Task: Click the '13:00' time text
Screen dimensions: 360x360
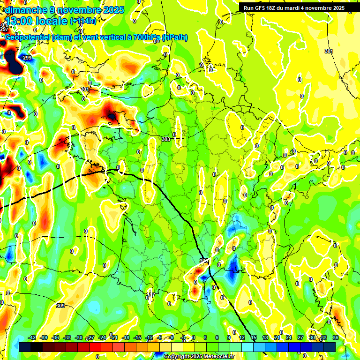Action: click(18, 22)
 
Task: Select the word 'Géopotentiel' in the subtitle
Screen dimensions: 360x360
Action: click(27, 37)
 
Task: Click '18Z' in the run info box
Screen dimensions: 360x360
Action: click(272, 8)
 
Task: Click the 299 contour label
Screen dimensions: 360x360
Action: click(27, 58)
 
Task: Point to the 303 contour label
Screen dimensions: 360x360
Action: click(165, 139)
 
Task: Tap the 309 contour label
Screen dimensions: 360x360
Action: click(60, 306)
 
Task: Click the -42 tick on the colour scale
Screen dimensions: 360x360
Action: click(32, 337)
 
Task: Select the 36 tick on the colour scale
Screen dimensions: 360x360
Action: click(335, 337)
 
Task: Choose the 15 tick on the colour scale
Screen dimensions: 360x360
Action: click(254, 337)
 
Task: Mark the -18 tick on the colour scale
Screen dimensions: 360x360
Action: click(126, 337)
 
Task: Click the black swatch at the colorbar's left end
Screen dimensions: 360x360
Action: click(25, 347)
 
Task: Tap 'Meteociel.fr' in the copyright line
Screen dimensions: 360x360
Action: click(218, 357)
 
